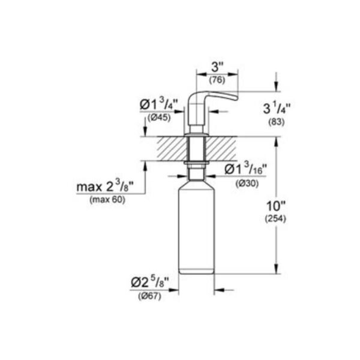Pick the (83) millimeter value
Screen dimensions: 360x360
pyautogui.click(x=277, y=122)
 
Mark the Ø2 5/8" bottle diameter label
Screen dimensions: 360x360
pyautogui.click(x=155, y=281)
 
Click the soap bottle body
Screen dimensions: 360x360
pyautogui.click(x=196, y=234)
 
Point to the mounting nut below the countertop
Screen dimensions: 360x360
pyautogui.click(x=196, y=163)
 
